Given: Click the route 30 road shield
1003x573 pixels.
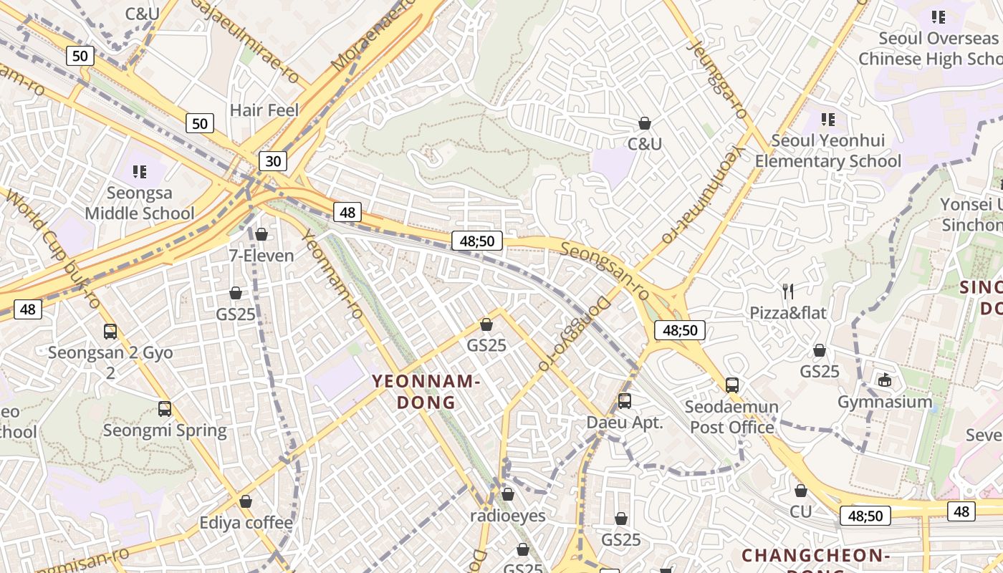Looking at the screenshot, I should (x=273, y=161).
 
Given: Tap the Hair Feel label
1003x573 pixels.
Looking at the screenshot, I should (x=264, y=110).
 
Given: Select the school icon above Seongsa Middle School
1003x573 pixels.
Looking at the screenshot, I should (x=140, y=172).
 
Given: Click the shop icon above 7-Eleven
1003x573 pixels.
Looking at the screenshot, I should (x=261, y=234).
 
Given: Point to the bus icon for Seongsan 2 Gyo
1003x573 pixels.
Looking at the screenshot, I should (x=110, y=332).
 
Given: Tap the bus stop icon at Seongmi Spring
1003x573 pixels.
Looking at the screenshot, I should (x=165, y=409).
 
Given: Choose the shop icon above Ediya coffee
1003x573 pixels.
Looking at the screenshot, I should (x=246, y=501).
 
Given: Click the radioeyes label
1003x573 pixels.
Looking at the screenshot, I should (x=508, y=516).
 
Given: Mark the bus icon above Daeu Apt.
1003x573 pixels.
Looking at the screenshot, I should (x=625, y=401).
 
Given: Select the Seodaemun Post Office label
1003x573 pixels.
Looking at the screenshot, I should (x=731, y=418).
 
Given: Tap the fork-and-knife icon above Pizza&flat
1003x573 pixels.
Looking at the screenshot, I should (x=788, y=291).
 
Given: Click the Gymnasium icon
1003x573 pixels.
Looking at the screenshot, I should (x=886, y=380).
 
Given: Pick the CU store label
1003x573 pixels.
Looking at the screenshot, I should (x=801, y=511).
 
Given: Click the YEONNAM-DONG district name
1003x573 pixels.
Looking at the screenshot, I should (x=426, y=392).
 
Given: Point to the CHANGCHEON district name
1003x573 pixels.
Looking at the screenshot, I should (x=815, y=556).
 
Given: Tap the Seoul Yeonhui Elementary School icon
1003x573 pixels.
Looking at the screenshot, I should (x=828, y=120).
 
